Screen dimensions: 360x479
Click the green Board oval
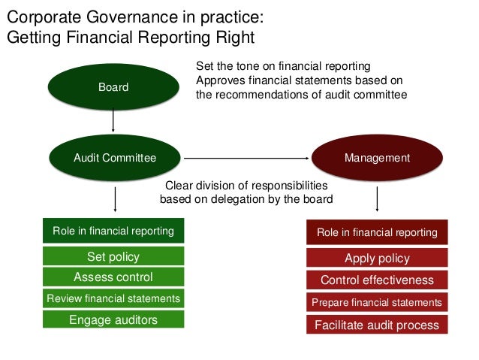113,87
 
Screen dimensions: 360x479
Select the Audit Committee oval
115,158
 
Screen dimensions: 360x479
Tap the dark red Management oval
376,158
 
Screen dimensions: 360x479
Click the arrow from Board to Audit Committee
113,123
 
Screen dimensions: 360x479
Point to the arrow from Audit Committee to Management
248,158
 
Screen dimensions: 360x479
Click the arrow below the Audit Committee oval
115,200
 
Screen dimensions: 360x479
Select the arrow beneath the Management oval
376,200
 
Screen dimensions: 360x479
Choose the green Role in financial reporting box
113,231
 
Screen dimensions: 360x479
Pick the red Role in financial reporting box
376,232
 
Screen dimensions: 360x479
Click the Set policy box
113,257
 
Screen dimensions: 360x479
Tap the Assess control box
113,277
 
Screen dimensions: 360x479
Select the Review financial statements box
113,298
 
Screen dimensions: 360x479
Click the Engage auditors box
113,319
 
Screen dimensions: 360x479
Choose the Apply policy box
376,259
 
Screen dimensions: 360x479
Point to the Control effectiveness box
376,280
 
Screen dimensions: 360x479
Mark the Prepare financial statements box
376,302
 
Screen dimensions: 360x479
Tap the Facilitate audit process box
376,325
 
